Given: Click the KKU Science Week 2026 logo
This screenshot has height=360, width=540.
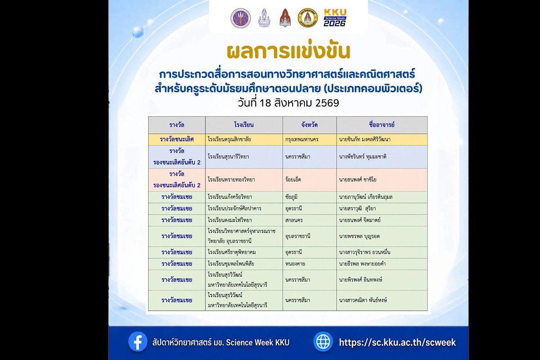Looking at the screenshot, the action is (335, 18).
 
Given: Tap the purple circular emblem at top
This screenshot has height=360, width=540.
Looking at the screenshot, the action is (241, 18).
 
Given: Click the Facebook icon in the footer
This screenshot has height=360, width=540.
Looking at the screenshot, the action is (138, 342).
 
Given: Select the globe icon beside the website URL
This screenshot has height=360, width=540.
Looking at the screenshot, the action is (323, 342).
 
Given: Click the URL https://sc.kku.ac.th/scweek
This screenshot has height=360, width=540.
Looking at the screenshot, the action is (397, 342).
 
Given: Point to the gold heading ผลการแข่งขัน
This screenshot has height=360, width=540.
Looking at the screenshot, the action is (288, 51).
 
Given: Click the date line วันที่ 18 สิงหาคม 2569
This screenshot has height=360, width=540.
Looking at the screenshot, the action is (288, 103).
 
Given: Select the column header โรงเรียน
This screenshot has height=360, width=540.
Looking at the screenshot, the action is (244, 125).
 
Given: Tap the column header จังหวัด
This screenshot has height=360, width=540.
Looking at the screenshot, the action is (309, 125).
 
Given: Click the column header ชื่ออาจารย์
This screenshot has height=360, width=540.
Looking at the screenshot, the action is (382, 125).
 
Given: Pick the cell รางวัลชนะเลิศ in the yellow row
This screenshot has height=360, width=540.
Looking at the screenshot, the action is (177, 139).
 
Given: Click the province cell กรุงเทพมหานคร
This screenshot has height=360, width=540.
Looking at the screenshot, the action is (301, 139).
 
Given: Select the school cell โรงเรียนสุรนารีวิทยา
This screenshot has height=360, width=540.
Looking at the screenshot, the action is (228, 157).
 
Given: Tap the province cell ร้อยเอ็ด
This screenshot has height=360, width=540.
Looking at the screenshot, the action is (293, 180).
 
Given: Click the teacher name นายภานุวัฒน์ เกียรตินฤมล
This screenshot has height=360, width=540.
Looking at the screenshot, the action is (366, 197).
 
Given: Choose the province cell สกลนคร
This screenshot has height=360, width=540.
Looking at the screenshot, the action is (294, 220).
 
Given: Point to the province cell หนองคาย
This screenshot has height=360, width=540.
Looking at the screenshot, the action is (295, 264).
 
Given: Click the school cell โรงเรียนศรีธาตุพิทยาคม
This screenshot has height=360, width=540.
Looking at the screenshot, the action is (232, 252).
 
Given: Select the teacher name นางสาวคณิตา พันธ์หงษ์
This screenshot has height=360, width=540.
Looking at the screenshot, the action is (363, 301).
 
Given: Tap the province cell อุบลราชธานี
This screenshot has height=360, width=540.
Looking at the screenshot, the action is (298, 236).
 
